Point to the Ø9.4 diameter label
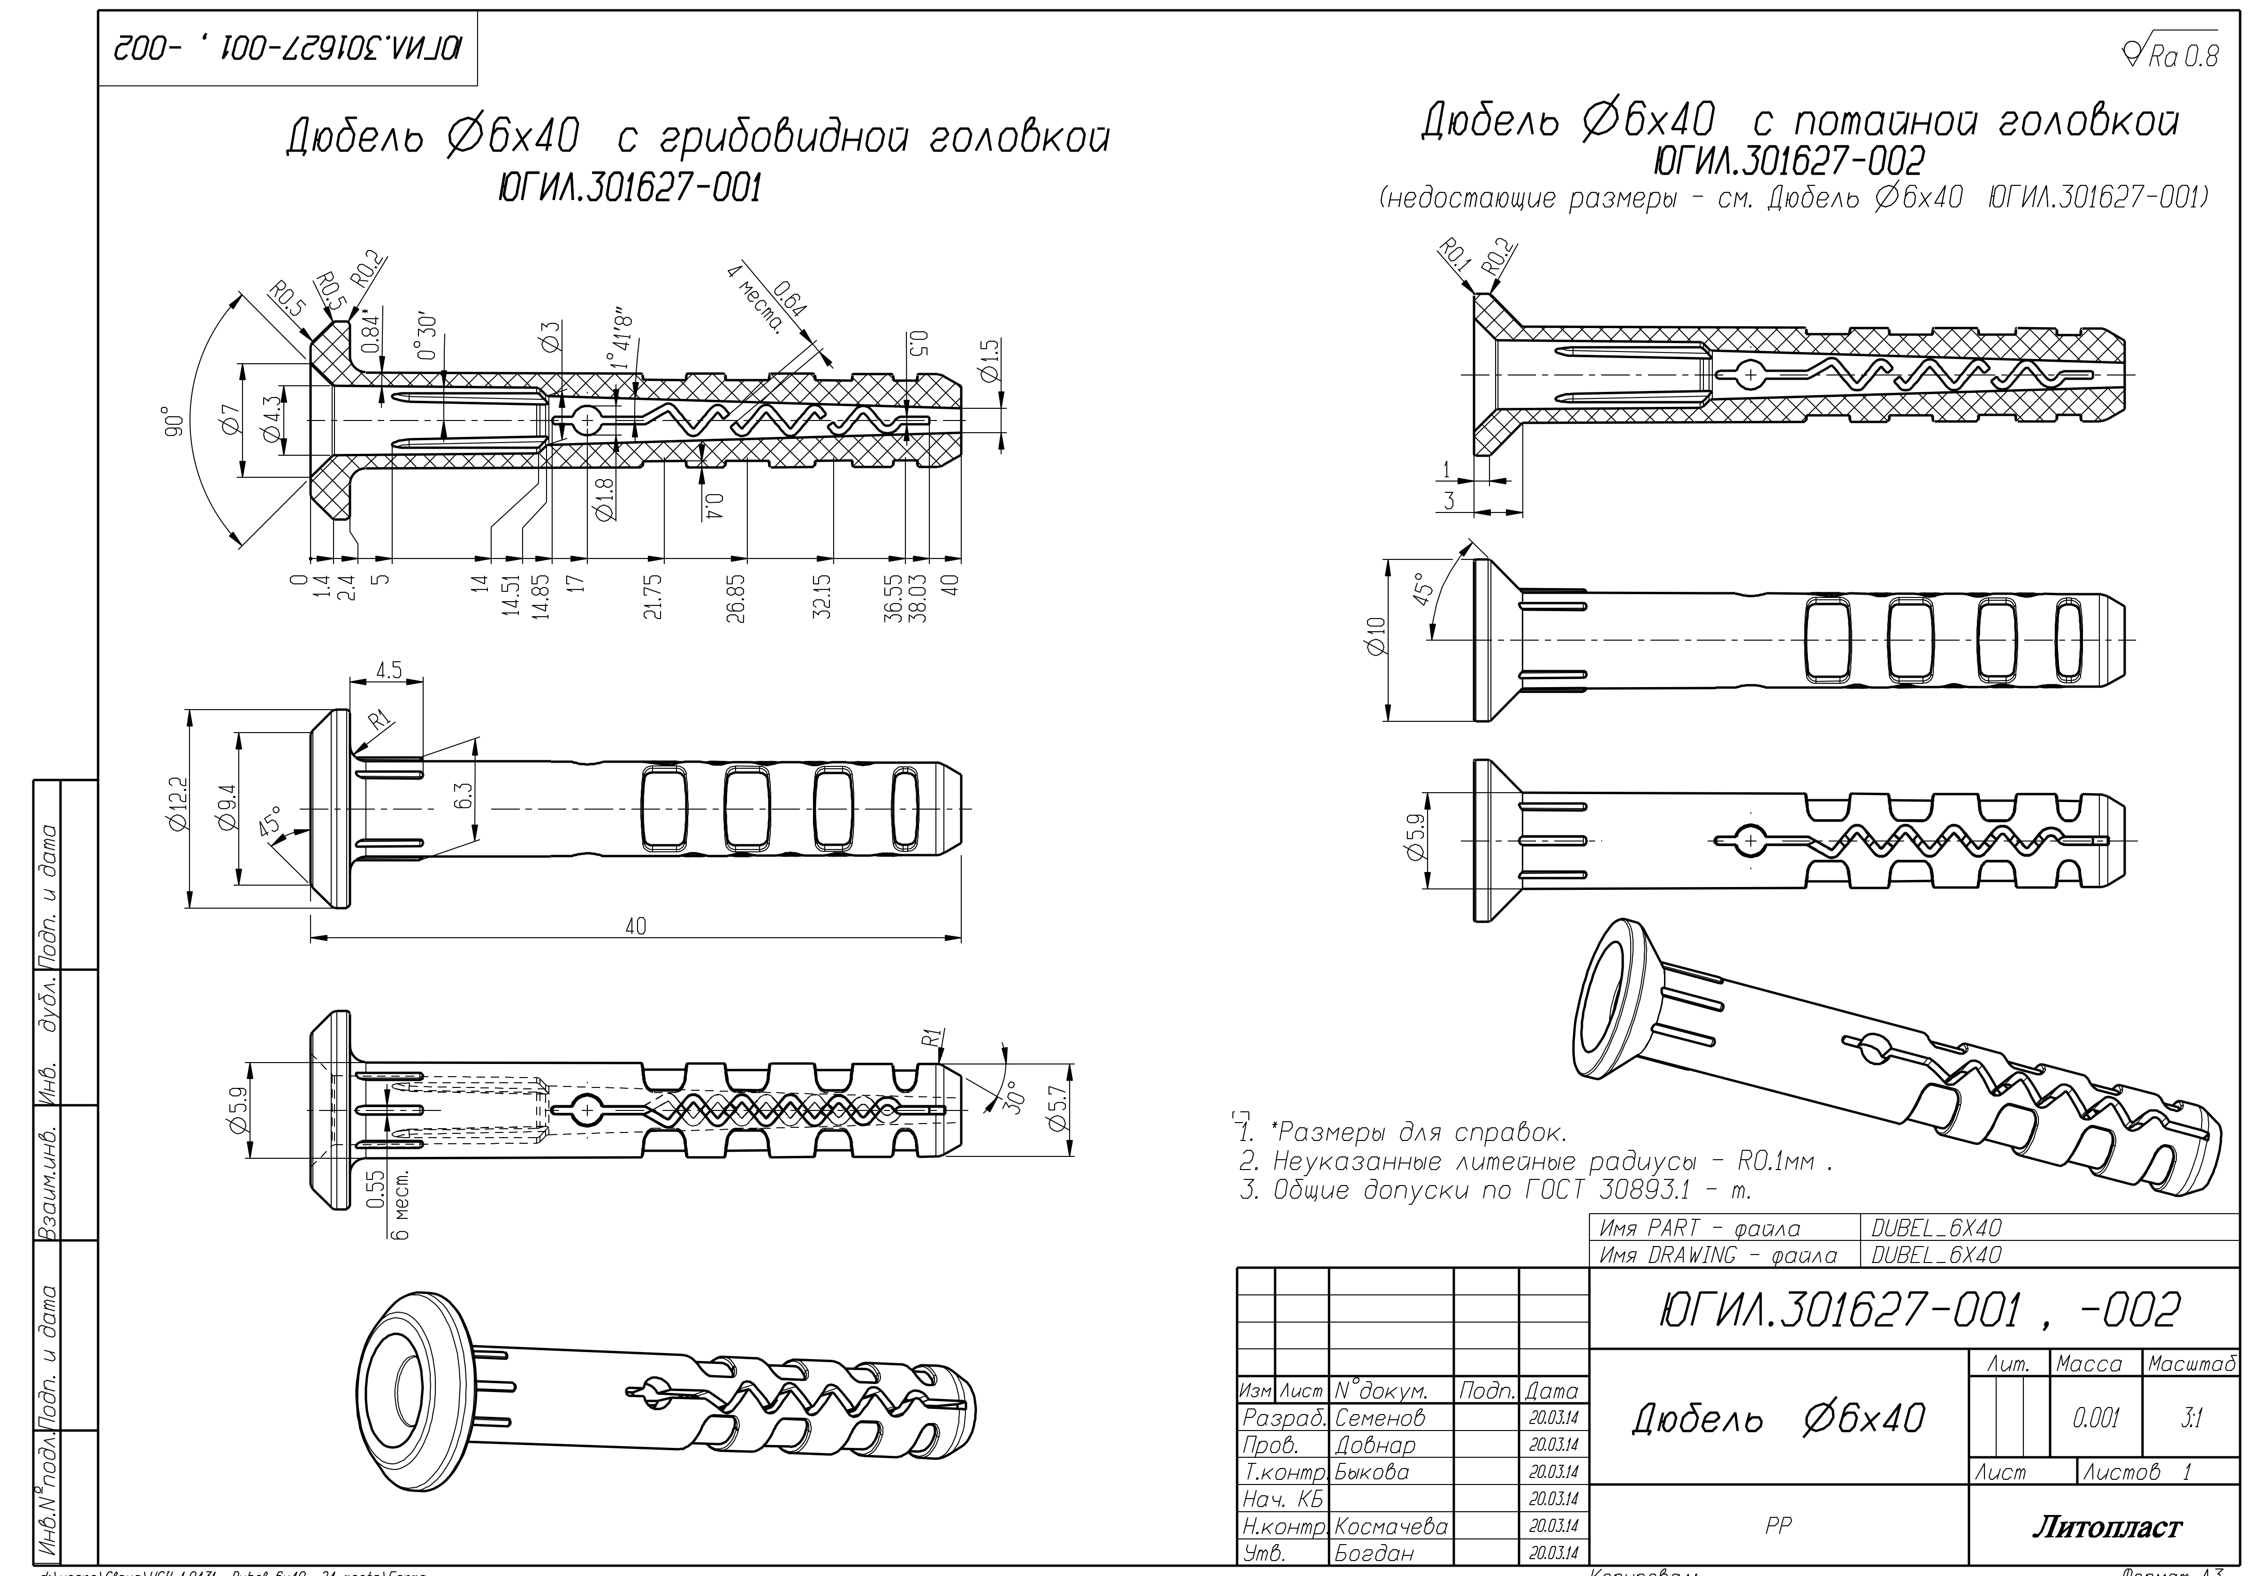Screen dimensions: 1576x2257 click(228, 808)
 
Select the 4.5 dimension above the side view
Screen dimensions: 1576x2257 click(388, 671)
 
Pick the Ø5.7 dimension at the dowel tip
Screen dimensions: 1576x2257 click(1058, 1110)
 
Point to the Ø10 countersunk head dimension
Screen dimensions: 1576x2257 click(1376, 636)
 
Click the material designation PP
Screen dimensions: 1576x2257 click(1778, 1525)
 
